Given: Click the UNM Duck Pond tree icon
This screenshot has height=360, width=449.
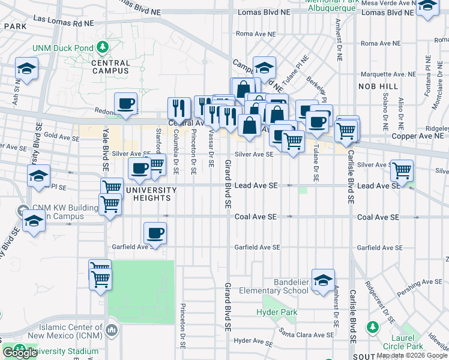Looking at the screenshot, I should [x=103, y=47].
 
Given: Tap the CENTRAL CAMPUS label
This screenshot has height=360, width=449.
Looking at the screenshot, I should [x=111, y=67].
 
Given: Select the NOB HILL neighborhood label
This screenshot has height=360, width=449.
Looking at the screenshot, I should [x=380, y=87].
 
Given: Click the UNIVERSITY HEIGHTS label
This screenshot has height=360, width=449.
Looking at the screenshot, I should [x=151, y=194].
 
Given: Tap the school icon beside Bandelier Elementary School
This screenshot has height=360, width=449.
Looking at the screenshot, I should [x=323, y=280].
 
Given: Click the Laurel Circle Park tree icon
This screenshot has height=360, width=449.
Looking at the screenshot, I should [x=372, y=327].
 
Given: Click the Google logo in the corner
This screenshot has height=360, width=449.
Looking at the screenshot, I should [x=20, y=353].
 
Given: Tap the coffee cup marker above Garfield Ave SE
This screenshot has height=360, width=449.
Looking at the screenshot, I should [x=155, y=233].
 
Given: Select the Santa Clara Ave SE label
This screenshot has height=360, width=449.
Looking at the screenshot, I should [x=305, y=334].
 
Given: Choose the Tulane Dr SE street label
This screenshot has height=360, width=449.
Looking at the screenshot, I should [x=315, y=166].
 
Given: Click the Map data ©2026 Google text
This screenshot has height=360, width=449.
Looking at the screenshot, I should [x=411, y=355].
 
